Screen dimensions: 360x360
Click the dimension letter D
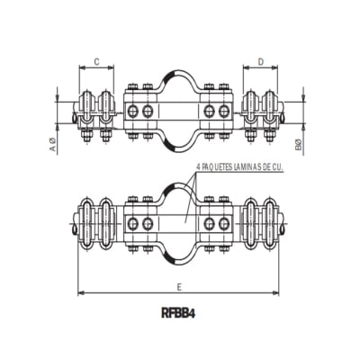tap(260, 62)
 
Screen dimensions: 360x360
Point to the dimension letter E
tap(180, 286)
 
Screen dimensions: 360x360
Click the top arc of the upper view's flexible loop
tap(179, 73)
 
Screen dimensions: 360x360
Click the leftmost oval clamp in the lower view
tap(86, 220)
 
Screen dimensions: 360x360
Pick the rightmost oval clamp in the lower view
tap(271, 220)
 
